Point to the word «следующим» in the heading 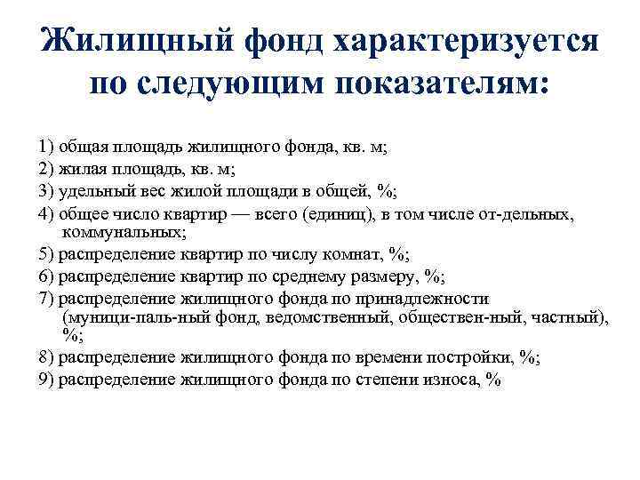229,85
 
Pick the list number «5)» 45,254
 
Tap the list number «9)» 45,378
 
